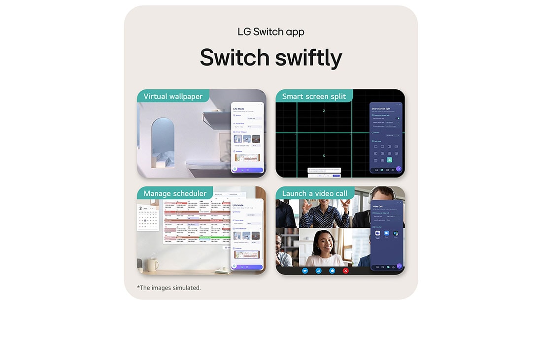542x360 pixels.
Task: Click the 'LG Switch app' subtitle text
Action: click(x=271, y=32)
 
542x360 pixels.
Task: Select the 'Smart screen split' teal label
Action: click(x=314, y=96)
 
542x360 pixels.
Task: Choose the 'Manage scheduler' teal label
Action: click(x=174, y=193)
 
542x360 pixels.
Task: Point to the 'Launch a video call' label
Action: click(x=314, y=193)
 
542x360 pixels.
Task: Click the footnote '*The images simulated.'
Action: click(x=169, y=288)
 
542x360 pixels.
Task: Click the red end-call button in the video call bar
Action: click(x=345, y=271)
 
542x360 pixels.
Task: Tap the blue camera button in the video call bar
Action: click(x=305, y=271)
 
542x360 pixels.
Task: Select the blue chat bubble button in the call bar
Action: click(x=332, y=271)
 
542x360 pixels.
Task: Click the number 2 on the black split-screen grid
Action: click(x=324, y=111)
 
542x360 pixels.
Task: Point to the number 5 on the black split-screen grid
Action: click(x=324, y=156)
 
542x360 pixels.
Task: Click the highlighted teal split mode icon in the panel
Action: click(x=389, y=160)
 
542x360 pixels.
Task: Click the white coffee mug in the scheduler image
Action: click(x=152, y=265)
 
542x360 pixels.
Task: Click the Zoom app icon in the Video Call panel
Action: click(x=387, y=233)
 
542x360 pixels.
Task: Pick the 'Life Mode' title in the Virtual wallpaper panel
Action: click(x=238, y=108)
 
